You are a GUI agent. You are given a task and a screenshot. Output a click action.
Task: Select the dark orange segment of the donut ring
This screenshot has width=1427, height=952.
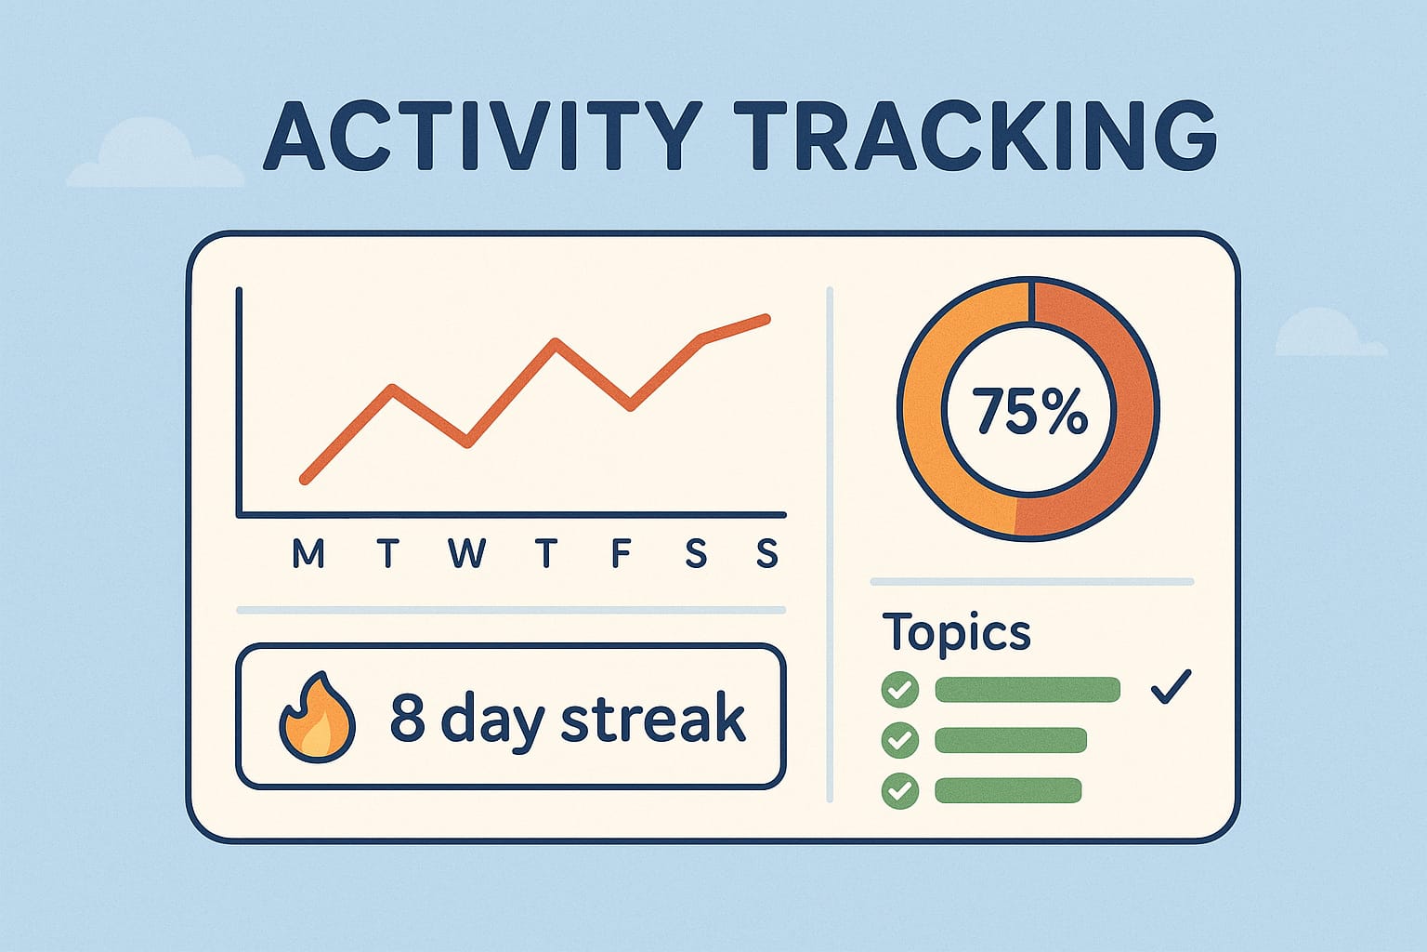(1116, 409)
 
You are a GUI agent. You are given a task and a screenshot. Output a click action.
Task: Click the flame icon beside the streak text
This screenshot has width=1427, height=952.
(317, 718)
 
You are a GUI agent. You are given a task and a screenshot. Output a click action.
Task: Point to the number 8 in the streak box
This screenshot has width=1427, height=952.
(407, 718)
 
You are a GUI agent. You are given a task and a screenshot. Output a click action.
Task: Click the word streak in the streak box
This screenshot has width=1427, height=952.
(653, 718)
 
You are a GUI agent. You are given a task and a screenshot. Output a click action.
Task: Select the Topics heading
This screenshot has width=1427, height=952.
(956, 633)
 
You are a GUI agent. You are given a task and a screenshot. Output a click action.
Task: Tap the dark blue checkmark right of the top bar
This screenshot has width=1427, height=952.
(1170, 688)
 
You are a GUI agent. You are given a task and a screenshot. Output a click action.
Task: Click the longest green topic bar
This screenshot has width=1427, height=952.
(1028, 690)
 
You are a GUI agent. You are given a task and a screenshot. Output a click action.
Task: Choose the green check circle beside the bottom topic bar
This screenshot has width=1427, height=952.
(899, 791)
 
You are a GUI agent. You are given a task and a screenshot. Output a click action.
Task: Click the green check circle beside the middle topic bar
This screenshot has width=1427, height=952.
(899, 740)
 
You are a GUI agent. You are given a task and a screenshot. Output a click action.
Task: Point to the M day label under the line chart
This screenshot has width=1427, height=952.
(308, 554)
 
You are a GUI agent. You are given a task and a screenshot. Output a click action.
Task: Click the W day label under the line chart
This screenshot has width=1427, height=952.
(467, 554)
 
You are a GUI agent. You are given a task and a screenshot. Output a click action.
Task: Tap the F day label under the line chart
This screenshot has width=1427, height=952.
(621, 554)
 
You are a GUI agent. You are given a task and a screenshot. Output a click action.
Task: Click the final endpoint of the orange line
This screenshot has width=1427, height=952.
(766, 319)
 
